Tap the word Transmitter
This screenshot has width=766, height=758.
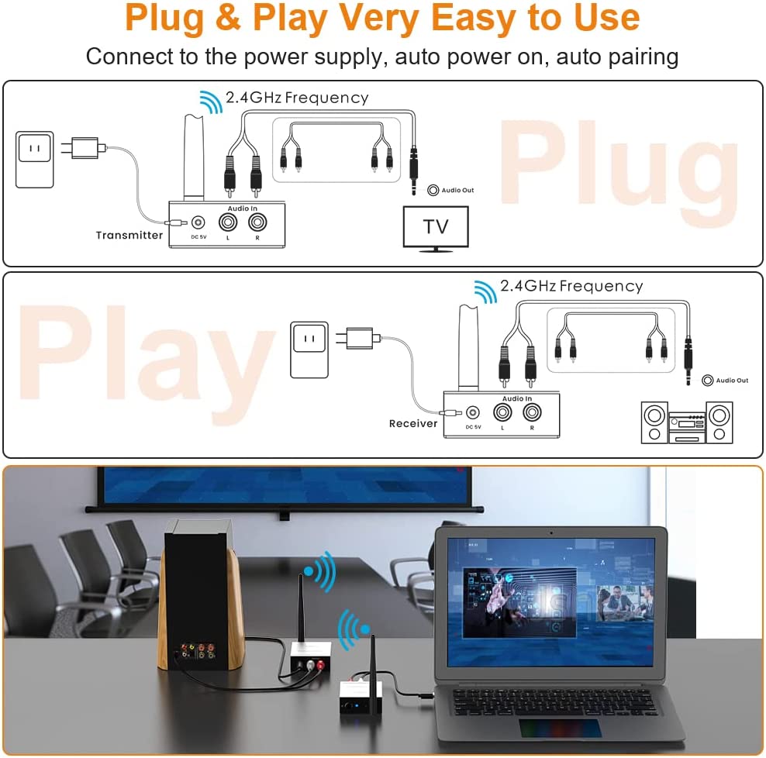tap(129, 236)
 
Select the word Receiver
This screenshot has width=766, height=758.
tap(413, 423)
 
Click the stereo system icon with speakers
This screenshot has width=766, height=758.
tap(687, 422)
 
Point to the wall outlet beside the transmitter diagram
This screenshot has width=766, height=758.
tap(34, 159)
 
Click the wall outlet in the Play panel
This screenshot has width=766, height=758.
tap(309, 350)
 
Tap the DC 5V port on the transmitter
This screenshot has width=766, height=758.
tap(198, 222)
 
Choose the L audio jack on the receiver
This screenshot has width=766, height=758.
tap(502, 412)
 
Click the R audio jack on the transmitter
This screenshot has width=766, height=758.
tap(257, 222)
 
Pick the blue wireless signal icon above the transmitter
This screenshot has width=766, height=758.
tap(211, 102)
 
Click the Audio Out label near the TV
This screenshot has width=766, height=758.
tap(457, 190)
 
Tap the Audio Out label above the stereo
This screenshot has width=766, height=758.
tap(732, 380)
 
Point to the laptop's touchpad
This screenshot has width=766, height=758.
tap(559, 729)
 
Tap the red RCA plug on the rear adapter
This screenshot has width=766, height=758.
tap(320, 665)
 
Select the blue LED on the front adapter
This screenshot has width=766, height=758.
tap(357, 705)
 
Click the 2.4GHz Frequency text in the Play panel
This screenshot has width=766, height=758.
tap(571, 286)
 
